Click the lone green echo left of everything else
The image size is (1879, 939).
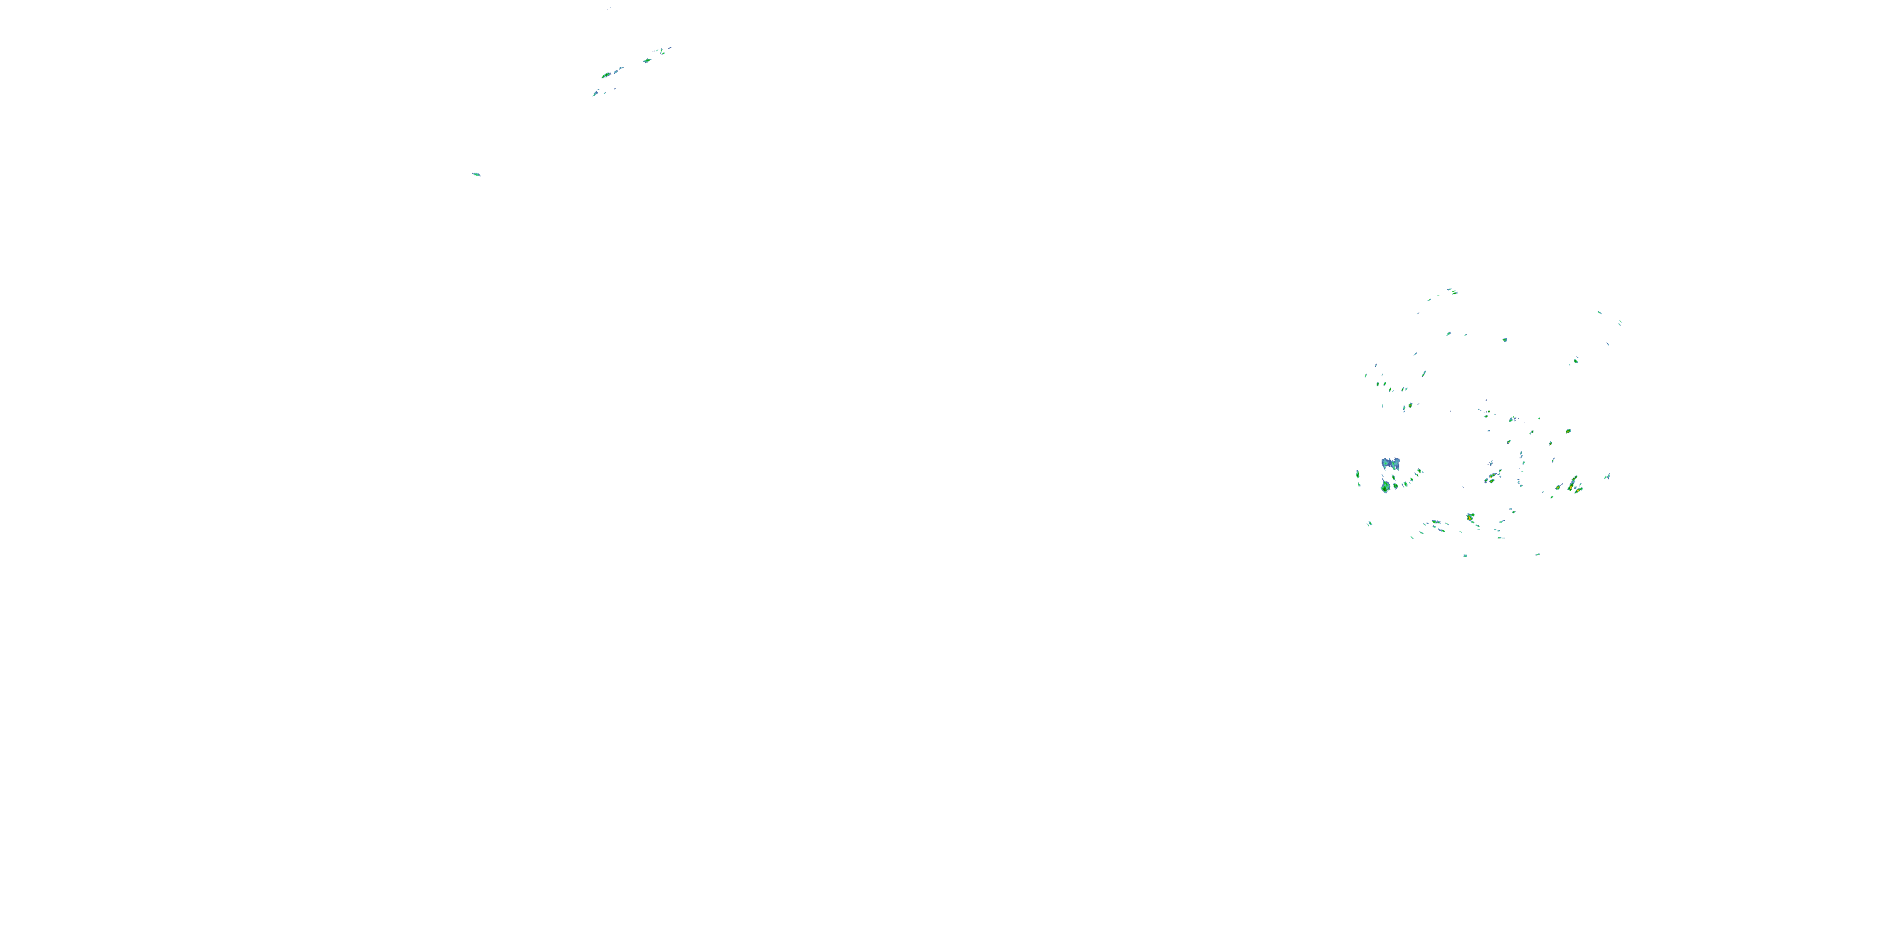coord(476,174)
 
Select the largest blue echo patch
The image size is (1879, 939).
coord(1390,463)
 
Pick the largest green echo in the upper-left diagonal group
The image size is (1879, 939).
coord(606,75)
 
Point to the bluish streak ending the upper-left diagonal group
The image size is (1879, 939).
coord(596,93)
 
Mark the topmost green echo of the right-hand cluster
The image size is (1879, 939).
coord(1452,292)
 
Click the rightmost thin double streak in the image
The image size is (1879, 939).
coord(1619,322)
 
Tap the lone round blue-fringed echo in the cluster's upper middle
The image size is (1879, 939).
coord(1505,340)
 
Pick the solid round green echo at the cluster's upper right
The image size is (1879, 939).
coord(1576,360)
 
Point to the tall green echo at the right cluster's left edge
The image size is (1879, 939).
coord(1357,475)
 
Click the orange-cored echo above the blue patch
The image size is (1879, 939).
coord(1409,406)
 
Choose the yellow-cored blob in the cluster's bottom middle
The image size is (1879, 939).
coord(1471,518)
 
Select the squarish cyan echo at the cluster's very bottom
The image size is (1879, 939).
coord(1466,555)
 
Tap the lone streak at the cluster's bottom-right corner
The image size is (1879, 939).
coord(1538,554)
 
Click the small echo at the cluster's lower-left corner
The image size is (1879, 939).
coord(1370,523)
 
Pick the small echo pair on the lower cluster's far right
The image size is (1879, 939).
coord(1607,477)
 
